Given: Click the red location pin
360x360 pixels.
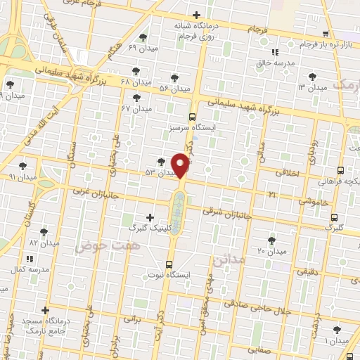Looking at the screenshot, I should (181, 165).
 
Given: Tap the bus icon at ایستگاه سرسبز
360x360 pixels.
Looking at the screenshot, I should (193, 117).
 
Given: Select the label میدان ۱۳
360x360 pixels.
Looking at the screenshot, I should (312, 88).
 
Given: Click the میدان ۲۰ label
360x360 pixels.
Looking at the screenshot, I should (271, 251).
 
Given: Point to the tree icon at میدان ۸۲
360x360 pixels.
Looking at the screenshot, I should (44, 231).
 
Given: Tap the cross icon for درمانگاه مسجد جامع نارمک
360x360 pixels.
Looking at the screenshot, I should (46, 309).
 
